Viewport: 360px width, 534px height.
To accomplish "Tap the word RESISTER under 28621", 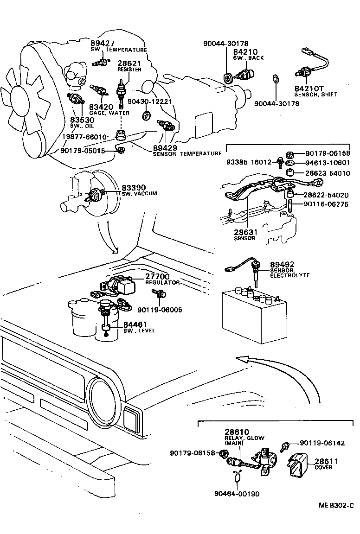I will pyautogui.click(x=129, y=70).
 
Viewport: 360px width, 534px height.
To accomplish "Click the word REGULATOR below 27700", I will pyautogui.click(x=162, y=282).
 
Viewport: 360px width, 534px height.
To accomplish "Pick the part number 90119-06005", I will pyautogui.click(x=161, y=310).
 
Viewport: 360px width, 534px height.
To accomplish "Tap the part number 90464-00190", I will pyautogui.click(x=237, y=494).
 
